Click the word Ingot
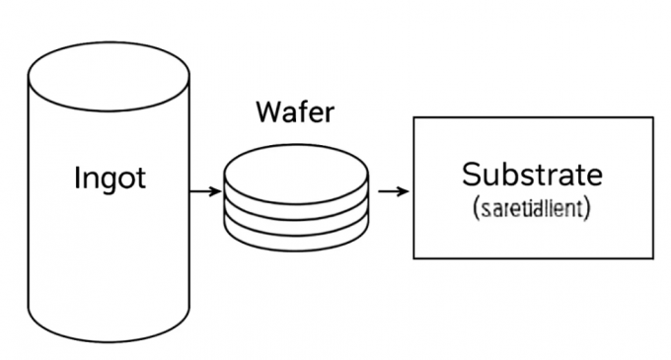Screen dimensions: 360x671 click(110, 179)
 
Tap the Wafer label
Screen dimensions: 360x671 click(295, 112)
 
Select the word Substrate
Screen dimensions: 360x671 click(531, 175)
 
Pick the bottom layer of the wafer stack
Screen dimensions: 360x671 click(296, 237)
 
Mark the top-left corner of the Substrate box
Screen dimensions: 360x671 click(413, 117)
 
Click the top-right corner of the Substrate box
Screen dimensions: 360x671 click(653, 117)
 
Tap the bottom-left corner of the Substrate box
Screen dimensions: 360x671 click(413, 258)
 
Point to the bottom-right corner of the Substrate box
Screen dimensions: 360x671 click(653, 258)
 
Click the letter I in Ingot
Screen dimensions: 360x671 click(78, 179)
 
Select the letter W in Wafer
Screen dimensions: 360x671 click(268, 112)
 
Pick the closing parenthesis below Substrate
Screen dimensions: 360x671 click(587, 209)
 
